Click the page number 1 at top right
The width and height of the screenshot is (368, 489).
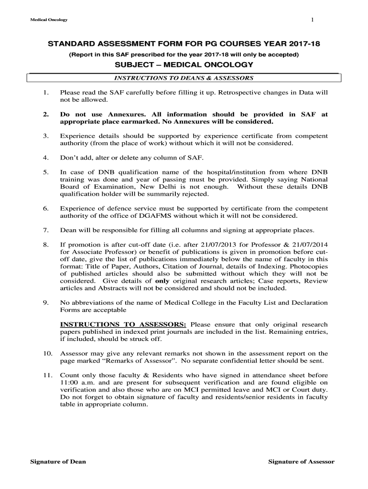tap(312, 20)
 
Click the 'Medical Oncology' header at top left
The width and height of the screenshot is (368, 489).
tap(49, 20)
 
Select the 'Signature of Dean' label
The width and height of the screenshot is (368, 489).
tap(58, 462)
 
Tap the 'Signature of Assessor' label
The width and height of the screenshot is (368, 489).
tap(301, 462)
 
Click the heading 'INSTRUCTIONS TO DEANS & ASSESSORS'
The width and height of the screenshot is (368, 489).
tap(183, 78)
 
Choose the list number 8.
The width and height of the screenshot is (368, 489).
tap(46, 245)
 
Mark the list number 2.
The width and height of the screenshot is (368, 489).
tap(46, 115)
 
